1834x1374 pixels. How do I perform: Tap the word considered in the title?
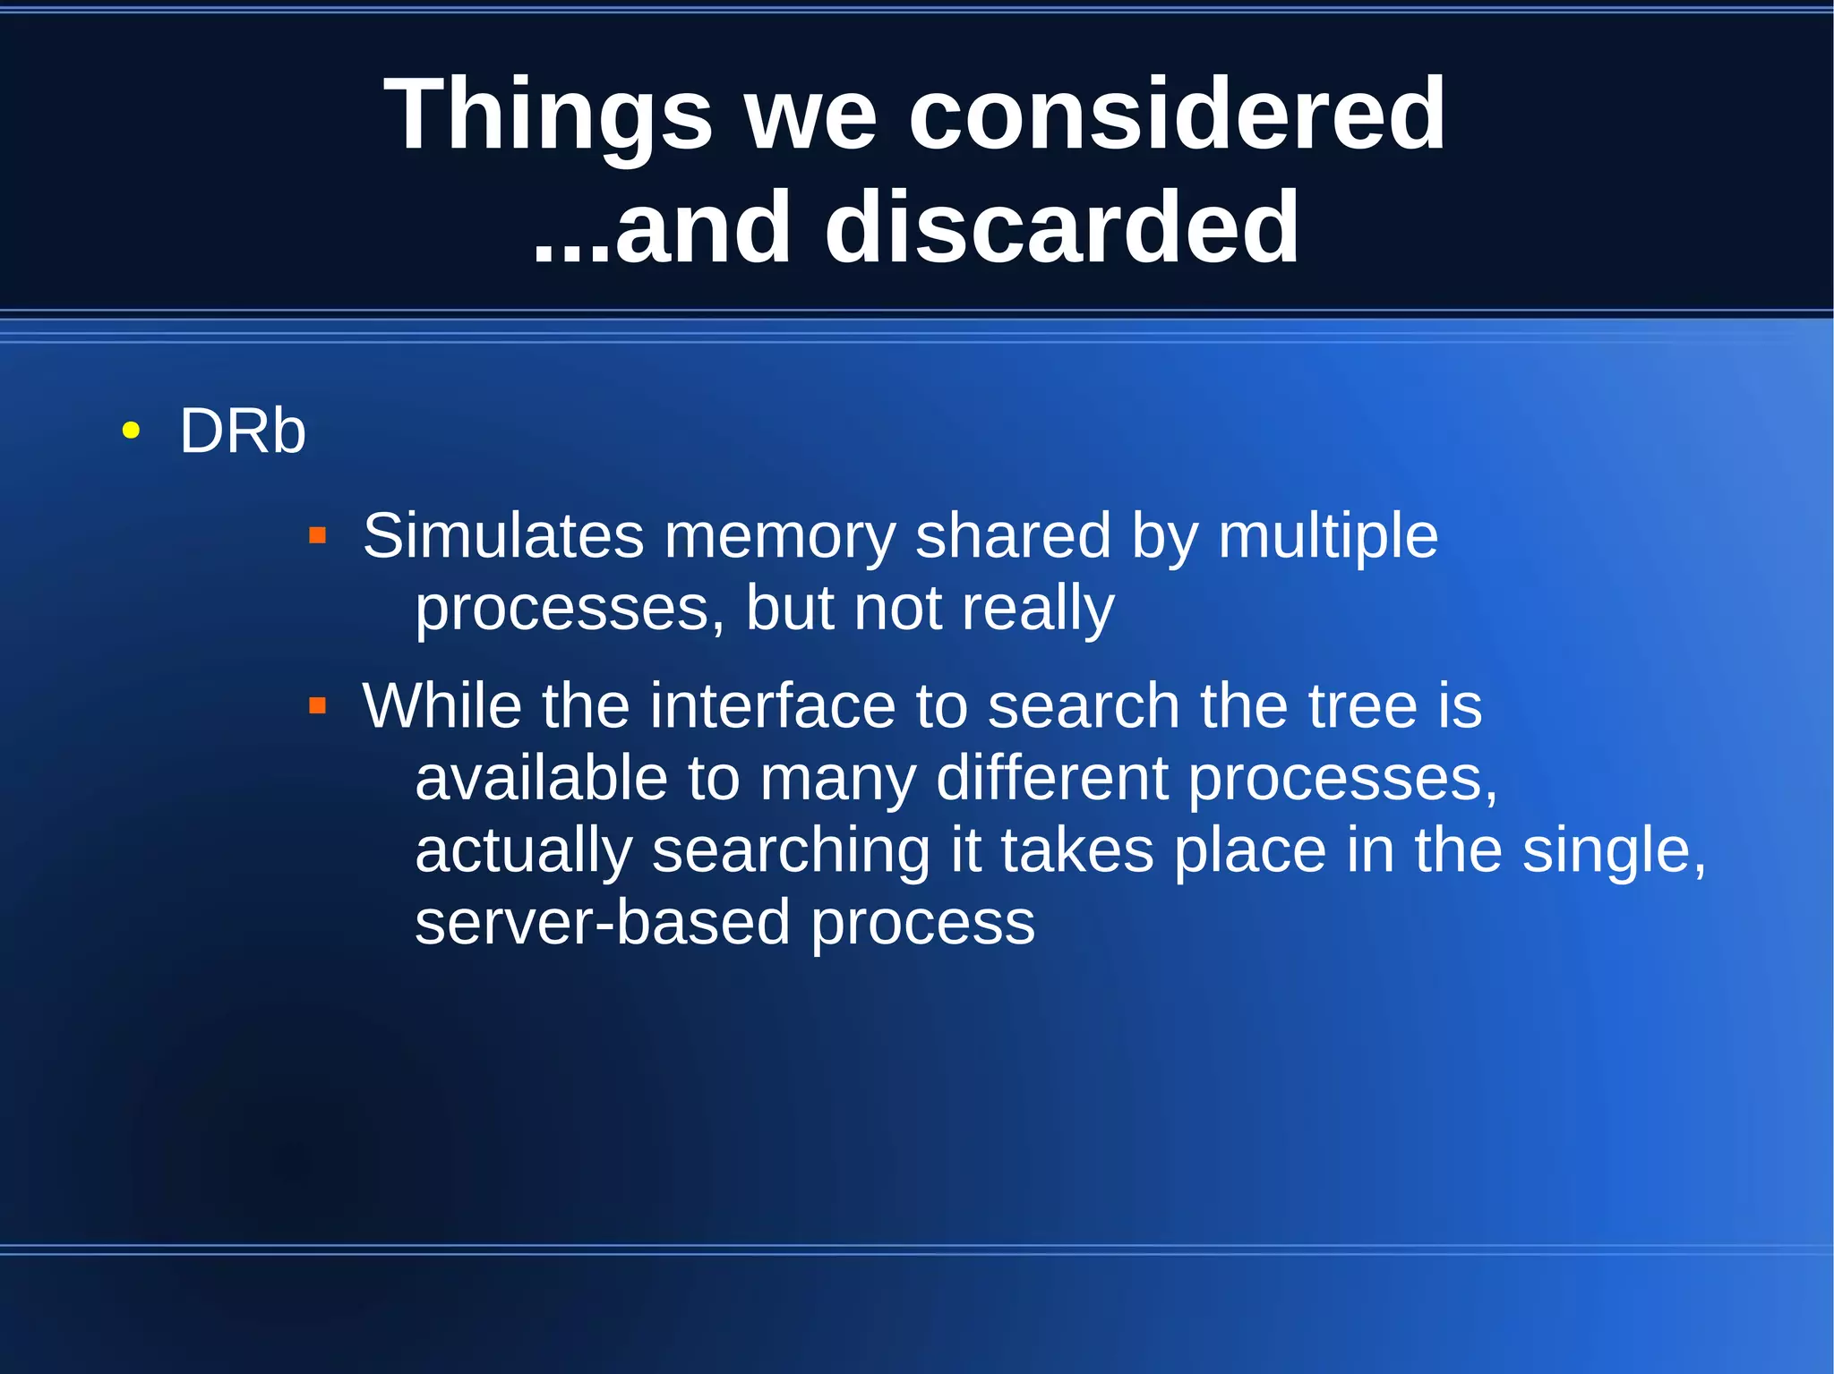pos(1177,115)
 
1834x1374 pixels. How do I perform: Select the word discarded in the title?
pos(1061,229)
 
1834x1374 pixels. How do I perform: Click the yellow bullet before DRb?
pos(131,431)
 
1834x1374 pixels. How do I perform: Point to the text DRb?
pos(243,431)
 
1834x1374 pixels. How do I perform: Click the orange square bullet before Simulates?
pos(317,536)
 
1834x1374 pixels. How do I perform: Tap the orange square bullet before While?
pos(317,706)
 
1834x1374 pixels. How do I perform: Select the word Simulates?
pos(503,536)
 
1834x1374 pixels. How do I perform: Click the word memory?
pos(779,536)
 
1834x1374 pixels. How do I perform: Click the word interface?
pos(772,706)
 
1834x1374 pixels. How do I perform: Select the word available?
pos(541,778)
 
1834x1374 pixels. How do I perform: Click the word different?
pos(1052,778)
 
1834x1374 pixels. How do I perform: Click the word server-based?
pos(603,923)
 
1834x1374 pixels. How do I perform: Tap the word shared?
pos(1013,536)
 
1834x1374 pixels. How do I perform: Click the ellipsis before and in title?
pos(570,255)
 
